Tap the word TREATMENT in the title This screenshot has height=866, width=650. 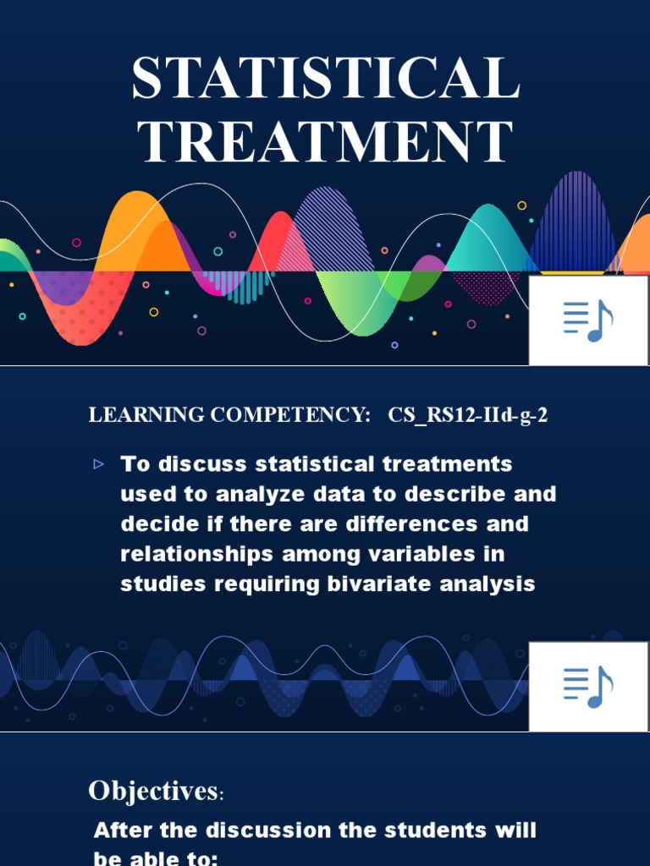[x=326, y=141]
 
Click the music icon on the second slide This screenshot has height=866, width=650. [x=588, y=686]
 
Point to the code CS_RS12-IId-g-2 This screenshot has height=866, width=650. [x=468, y=415]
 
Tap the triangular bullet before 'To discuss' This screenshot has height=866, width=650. [x=98, y=463]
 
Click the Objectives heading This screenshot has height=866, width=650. [x=152, y=792]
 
